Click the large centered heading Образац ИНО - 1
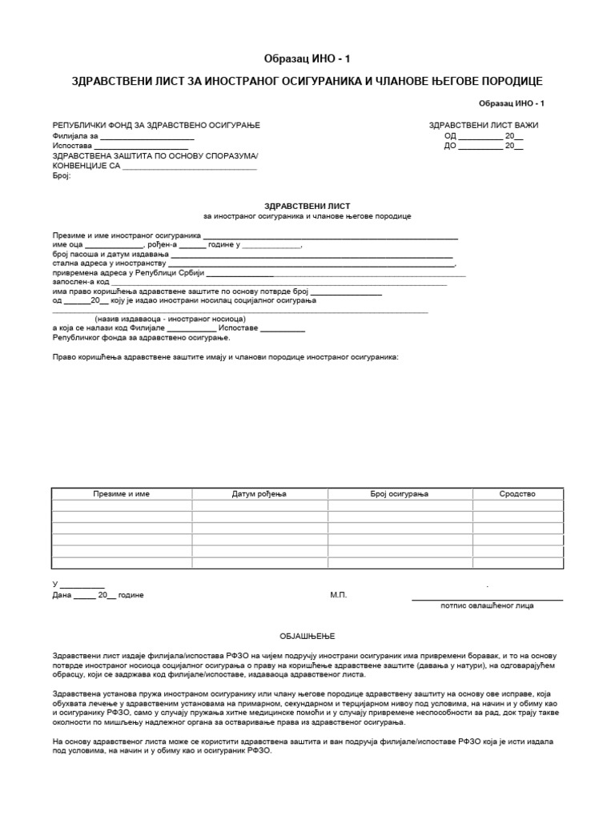(307, 59)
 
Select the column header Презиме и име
(121, 494)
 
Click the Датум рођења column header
(259, 494)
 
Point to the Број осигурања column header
(399, 494)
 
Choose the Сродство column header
(517, 494)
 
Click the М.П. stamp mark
(339, 596)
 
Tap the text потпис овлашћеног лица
(487, 606)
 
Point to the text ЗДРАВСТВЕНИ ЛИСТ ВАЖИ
(484, 126)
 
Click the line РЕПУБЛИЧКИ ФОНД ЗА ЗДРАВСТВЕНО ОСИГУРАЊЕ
(156, 126)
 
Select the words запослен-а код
(81, 282)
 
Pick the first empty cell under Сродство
(517, 506)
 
